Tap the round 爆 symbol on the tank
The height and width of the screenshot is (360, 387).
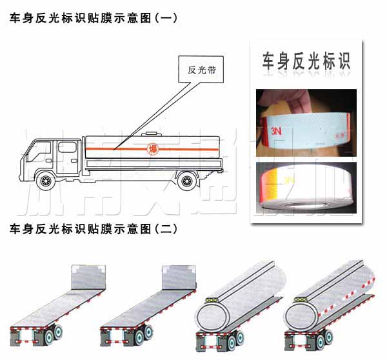pos(152,148)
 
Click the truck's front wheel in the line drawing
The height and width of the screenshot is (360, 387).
pos(45,181)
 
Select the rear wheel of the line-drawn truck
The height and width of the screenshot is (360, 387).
pos(186,181)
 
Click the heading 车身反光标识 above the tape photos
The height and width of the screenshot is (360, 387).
pos(306,61)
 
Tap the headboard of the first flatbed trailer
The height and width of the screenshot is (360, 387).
pos(85,275)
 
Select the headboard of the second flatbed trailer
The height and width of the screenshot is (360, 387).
pos(176,275)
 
